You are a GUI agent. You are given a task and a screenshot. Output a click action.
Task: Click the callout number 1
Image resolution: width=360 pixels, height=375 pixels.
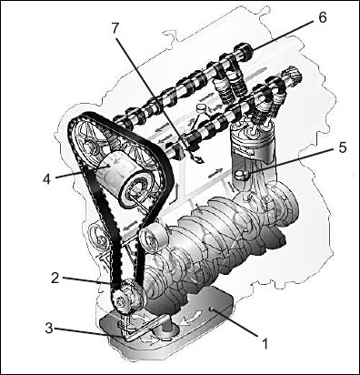click(265, 343)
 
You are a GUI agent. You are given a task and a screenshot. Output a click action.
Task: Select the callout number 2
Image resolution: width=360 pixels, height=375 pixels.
click(55, 279)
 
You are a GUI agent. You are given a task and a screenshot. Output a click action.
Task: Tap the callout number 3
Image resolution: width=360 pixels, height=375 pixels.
click(50, 328)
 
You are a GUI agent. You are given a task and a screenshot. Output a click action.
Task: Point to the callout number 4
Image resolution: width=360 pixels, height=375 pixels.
click(46, 178)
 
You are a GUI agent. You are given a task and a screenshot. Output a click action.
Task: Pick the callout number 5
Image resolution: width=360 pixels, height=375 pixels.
click(342, 147)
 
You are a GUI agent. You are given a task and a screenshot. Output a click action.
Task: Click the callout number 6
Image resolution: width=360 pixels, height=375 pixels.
click(323, 18)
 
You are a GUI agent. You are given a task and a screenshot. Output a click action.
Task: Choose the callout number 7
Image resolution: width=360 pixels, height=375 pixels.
click(115, 28)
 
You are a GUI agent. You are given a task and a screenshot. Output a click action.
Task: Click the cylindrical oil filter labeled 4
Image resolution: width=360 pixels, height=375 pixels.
click(124, 179)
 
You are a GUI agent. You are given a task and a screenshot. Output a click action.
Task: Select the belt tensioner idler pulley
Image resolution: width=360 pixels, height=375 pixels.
click(152, 238)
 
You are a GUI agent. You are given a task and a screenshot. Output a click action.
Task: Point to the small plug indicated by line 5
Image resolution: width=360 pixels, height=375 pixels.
click(242, 174)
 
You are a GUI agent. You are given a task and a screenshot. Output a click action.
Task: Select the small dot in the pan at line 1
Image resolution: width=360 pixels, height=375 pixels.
click(212, 309)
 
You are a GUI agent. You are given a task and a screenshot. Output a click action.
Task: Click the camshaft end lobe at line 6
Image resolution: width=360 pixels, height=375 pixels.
click(244, 52)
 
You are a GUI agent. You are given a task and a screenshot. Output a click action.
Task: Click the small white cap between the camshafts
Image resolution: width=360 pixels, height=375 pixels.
click(201, 108)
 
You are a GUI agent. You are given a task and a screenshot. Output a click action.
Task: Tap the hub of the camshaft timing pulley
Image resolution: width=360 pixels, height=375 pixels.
click(88, 147)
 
